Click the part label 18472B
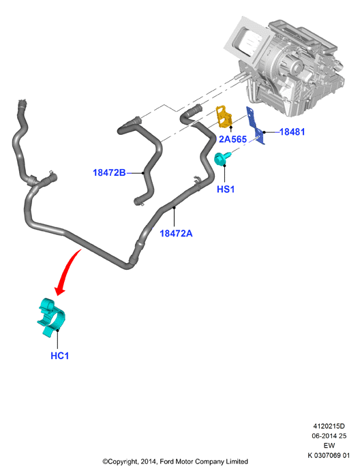coord(109,172)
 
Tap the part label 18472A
coord(176,234)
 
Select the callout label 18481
coord(292,132)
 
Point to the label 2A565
coord(232,139)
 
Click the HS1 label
coord(226,189)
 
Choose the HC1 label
coord(60,356)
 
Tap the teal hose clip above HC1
coord(52,317)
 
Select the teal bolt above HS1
coord(222,159)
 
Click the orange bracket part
coord(224,117)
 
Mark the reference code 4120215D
coord(329,426)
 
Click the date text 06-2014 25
coord(329,436)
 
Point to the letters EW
coord(329,446)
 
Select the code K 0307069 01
coord(329,455)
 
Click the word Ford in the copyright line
coord(166,461)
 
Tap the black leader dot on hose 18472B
coord(143,173)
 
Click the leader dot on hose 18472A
coord(175,207)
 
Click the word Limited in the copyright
coord(237,461)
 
